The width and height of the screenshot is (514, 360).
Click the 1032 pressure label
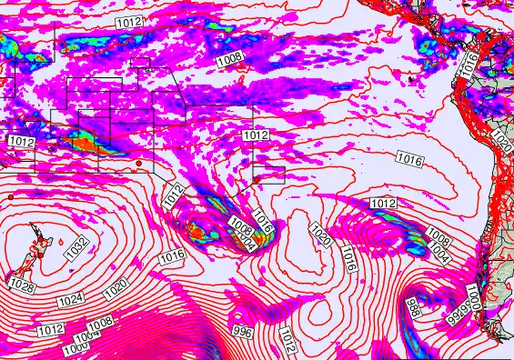(77, 245)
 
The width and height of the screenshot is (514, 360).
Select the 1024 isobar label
(69, 299)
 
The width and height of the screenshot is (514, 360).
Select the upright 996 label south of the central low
(242, 331)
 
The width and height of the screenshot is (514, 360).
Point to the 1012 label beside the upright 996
(286, 339)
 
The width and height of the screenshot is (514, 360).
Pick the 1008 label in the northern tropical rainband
(229, 58)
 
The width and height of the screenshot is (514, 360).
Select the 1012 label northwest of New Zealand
(22, 143)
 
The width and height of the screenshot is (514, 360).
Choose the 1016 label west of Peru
(410, 159)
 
